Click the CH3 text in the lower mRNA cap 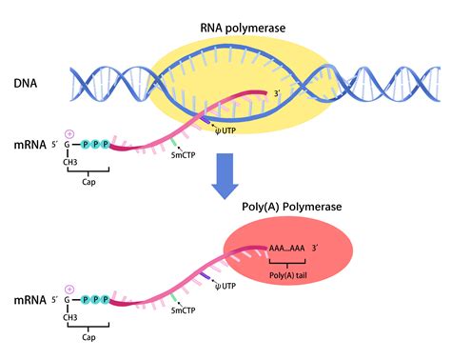pos(70,317)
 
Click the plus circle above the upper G pos(68,132)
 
